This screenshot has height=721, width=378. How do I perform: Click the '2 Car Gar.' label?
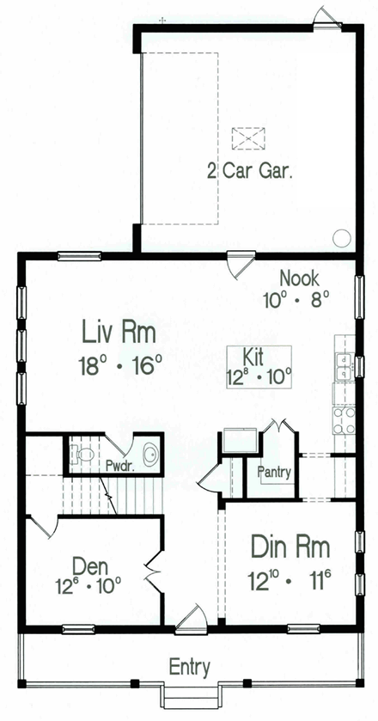(250, 170)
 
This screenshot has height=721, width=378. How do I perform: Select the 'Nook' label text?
(299, 278)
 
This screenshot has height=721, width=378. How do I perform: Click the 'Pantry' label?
(273, 472)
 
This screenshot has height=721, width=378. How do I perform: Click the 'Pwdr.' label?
(118, 467)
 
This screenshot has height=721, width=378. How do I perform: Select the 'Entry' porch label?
(189, 667)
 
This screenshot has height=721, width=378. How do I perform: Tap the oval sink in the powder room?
(149, 453)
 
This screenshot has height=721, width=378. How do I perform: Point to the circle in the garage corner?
(341, 238)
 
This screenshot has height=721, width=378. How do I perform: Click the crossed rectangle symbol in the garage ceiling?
(248, 137)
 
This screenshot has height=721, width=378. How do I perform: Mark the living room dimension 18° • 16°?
(121, 364)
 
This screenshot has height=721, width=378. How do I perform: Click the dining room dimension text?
(290, 577)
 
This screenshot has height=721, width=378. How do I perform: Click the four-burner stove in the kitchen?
(344, 419)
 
